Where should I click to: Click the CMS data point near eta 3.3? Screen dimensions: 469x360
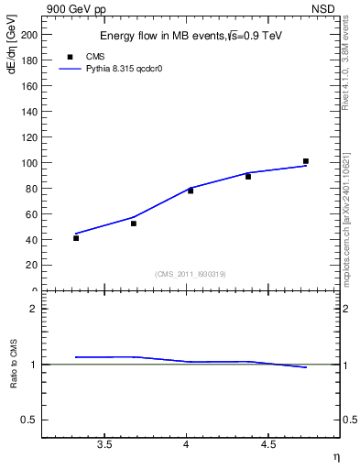[x=76, y=238]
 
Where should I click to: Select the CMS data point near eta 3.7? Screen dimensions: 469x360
[x=134, y=224]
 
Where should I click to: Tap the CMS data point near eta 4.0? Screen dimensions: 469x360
[x=191, y=191]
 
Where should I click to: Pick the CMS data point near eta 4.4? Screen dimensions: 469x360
[x=248, y=176]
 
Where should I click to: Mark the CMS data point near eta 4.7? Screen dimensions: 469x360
[x=306, y=161]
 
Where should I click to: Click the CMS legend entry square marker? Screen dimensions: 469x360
[x=69, y=56]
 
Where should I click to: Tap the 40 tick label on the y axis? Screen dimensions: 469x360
[x=34, y=240]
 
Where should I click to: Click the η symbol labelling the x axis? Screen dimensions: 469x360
[x=334, y=455]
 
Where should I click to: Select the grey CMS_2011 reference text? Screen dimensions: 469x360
[x=191, y=274]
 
